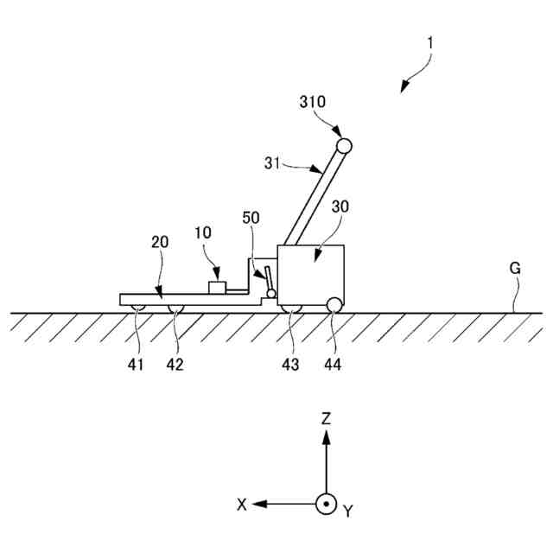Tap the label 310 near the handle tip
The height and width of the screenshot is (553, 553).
coord(313,101)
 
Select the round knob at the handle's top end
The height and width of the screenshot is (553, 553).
coord(343,145)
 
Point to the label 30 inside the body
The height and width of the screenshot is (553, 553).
coord(340,207)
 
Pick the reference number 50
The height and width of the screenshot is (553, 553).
coord(250,218)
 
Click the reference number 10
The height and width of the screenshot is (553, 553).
coord(201,233)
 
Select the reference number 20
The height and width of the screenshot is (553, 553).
coord(162,244)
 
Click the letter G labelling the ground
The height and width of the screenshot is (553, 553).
coord(515,268)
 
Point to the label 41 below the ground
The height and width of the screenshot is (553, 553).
coord(136,365)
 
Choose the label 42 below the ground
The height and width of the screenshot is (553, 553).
coord(175,365)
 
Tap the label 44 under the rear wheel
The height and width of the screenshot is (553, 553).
coord(333,365)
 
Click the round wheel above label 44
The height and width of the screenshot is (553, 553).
coord(333,303)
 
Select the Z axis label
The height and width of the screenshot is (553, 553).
coord(326,419)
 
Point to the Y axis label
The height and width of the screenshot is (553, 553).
coord(348,512)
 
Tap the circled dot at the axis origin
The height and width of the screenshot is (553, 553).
coord(326,504)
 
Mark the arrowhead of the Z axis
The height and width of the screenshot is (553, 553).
coord(326,436)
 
